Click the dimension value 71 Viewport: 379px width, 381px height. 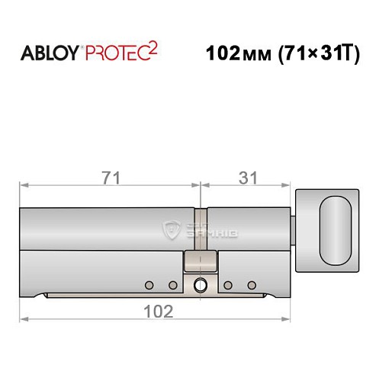pyautogui.click(x=111, y=175)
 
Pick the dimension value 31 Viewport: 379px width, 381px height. pyautogui.click(x=246, y=175)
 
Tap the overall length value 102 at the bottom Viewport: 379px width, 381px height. pyautogui.click(x=157, y=310)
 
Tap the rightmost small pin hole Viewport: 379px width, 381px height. pyautogui.click(x=251, y=285)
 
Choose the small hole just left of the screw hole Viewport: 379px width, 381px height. pyautogui.click(x=173, y=285)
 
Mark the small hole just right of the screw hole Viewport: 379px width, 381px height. pyautogui.click(x=227, y=285)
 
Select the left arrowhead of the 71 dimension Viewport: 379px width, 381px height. pyautogui.click(x=24, y=184)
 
